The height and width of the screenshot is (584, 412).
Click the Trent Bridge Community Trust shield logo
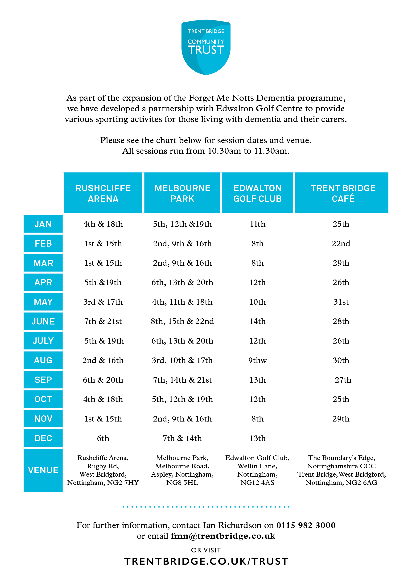tap(206, 47)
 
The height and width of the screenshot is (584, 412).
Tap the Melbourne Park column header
tap(182, 193)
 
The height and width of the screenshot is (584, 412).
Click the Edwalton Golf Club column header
tap(257, 193)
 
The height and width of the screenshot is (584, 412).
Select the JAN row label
tap(43, 224)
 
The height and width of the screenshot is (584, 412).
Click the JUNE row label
tap(43, 321)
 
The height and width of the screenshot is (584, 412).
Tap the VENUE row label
tap(43, 470)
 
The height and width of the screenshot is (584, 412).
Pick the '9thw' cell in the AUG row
tap(257, 361)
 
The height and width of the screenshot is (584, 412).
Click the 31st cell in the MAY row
tap(341, 302)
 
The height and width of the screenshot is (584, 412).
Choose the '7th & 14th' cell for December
tap(182, 438)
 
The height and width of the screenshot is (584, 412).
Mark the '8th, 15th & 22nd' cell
tap(182, 321)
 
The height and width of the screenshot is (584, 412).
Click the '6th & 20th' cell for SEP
tap(103, 380)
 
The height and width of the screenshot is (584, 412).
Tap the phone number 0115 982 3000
tap(306, 525)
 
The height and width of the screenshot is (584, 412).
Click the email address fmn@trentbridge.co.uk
tap(223, 536)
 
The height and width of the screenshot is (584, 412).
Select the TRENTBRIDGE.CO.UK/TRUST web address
tap(206, 561)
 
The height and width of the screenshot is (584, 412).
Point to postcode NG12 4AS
tap(257, 483)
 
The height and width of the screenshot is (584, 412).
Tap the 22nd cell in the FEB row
tap(341, 243)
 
